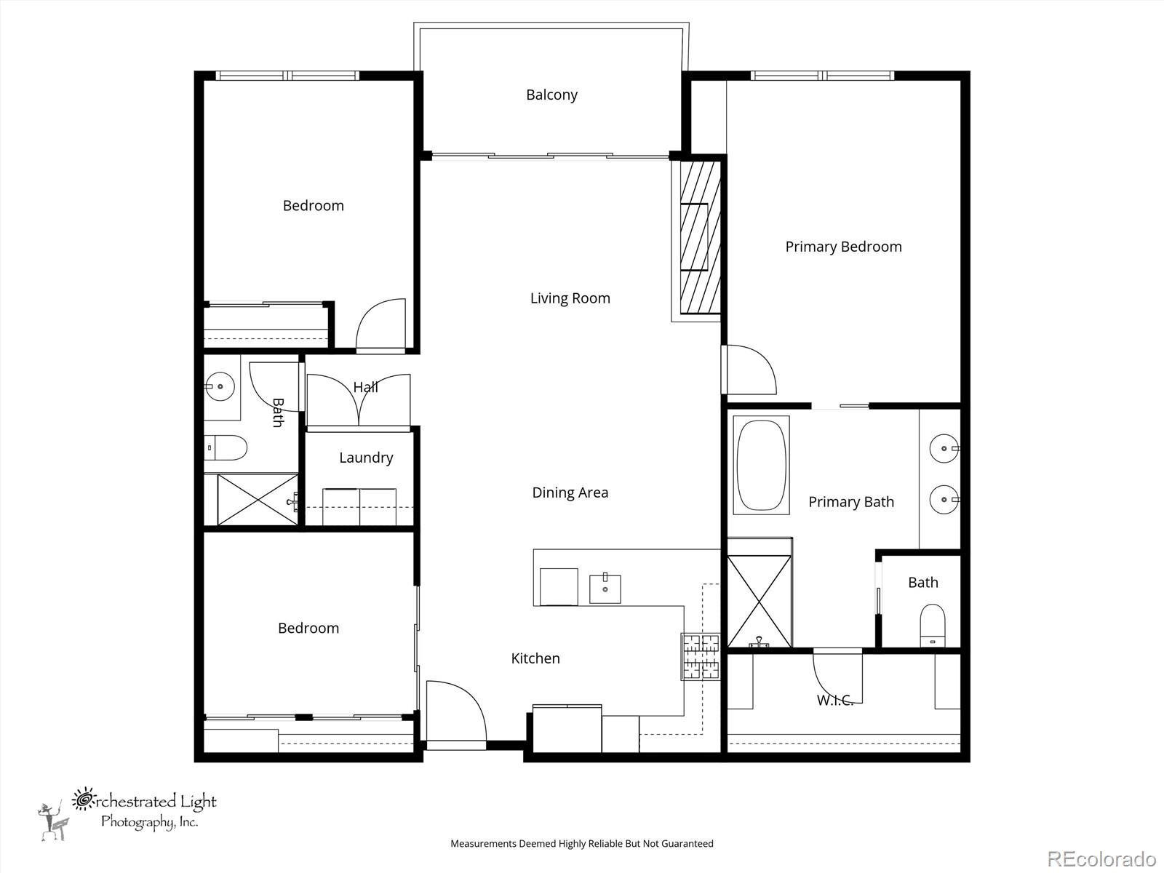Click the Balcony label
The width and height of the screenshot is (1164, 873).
(551, 95)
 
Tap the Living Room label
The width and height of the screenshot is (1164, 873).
(570, 298)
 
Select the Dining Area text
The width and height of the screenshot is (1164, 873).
(570, 493)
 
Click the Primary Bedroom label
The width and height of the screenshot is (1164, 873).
(843, 247)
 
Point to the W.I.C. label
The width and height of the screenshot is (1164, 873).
(834, 700)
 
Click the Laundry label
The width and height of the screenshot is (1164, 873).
(366, 458)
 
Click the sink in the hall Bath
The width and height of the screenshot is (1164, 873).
(219, 387)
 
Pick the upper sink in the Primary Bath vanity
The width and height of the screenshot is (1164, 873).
(945, 449)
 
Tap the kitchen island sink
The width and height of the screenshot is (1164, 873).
(605, 588)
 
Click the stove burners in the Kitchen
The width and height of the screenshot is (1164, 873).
(700, 656)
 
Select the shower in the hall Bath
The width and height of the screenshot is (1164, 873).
(257, 499)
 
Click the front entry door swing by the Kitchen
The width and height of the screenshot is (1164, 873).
(455, 711)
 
